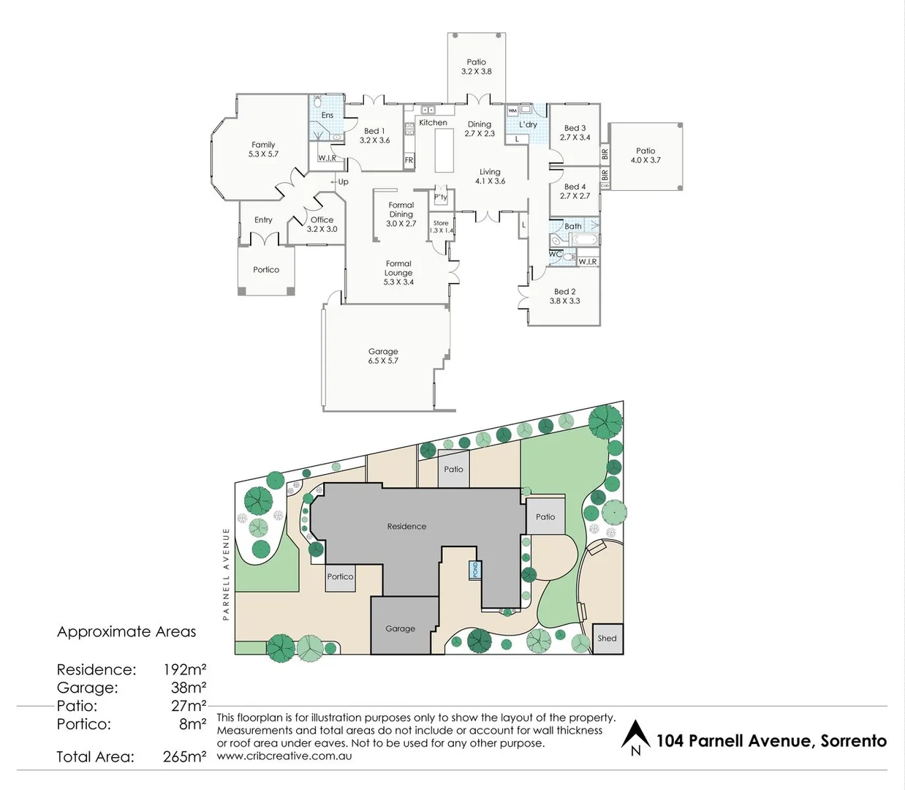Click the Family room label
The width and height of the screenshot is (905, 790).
(263, 149)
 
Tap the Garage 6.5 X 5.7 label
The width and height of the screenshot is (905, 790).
(383, 356)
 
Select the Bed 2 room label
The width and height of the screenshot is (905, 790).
(564, 296)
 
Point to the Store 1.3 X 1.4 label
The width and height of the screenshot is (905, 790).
(441, 227)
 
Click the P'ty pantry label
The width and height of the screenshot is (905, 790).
(440, 197)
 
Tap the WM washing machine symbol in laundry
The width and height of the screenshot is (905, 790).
(512, 110)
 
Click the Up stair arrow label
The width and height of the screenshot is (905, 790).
(341, 181)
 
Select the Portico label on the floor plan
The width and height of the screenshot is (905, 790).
(266, 270)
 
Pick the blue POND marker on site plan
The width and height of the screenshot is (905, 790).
(475, 570)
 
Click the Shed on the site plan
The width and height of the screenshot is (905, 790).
(607, 639)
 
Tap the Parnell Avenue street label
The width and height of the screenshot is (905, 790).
(227, 574)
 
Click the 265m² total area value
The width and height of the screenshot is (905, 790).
(184, 757)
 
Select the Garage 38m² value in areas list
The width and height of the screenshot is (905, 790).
(189, 688)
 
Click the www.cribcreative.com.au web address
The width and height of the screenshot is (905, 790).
(284, 756)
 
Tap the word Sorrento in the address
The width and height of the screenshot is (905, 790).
(853, 741)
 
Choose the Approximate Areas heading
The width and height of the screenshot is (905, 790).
(126, 632)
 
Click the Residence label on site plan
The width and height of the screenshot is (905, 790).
(406, 527)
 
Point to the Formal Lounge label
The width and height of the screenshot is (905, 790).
(398, 273)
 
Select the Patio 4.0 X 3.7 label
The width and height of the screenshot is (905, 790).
(645, 156)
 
